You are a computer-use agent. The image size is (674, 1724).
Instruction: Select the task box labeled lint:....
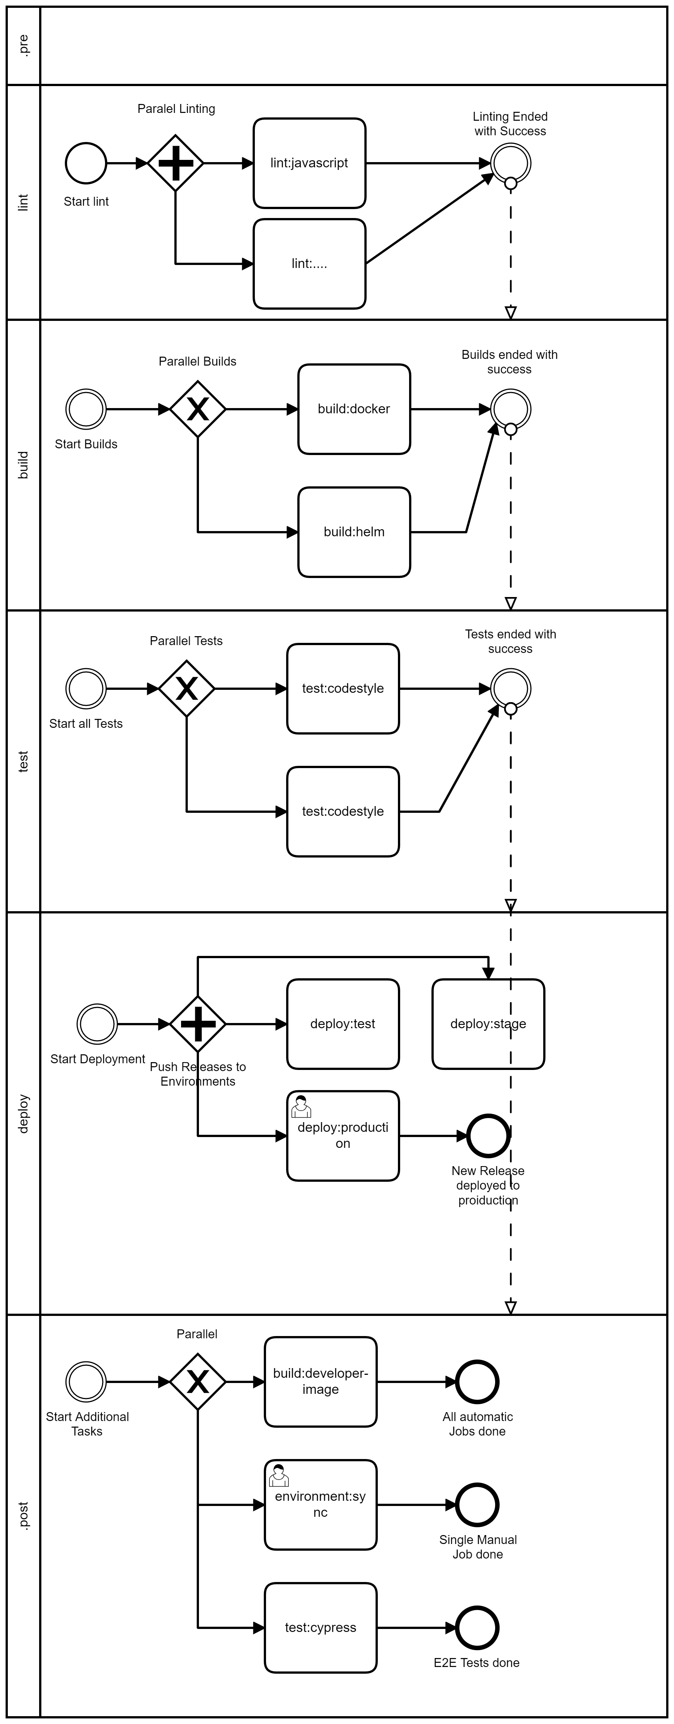[x=309, y=264]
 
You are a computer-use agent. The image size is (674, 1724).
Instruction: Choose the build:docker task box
[x=354, y=409]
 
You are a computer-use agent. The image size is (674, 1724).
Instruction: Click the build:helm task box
[x=354, y=532]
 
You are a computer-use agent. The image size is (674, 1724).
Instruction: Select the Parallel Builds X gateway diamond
[x=197, y=409]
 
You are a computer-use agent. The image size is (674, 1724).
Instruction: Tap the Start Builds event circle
[x=86, y=409]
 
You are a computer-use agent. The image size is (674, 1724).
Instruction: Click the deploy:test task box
[x=343, y=1024]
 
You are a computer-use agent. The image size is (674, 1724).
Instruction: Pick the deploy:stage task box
[x=488, y=1024]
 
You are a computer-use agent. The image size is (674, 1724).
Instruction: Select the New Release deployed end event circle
[x=488, y=1136]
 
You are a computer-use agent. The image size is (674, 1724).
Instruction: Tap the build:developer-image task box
[x=320, y=1382]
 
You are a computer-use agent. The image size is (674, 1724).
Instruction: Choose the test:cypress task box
[x=320, y=1627]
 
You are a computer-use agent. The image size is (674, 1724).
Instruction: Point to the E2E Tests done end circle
[x=477, y=1627]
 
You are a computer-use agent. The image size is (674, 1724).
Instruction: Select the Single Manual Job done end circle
[x=477, y=1504]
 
